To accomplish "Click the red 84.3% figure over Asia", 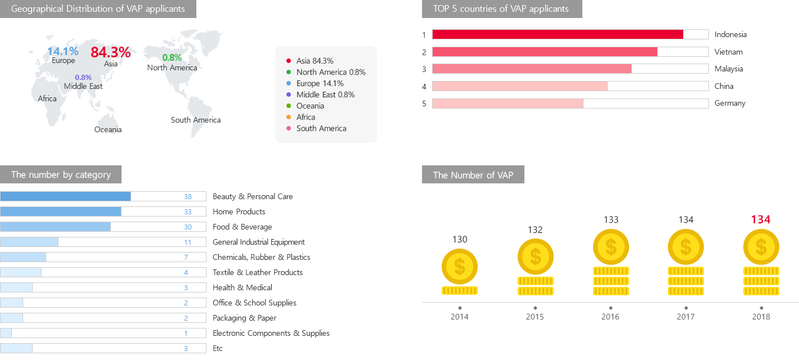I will click(x=110, y=52).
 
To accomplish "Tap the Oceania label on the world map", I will click(x=108, y=129).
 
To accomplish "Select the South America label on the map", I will click(x=196, y=120).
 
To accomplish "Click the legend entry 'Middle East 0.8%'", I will click(x=325, y=94).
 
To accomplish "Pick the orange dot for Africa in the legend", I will click(x=288, y=117).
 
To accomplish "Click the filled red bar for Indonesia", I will click(x=557, y=34).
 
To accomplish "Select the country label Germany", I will click(x=730, y=103).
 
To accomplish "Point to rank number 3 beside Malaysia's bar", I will click(x=424, y=69).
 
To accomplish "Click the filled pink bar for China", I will click(x=519, y=86).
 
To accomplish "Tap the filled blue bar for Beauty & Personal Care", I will click(x=65, y=196).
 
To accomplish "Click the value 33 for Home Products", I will click(x=187, y=211).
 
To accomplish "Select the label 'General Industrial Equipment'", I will click(x=259, y=242).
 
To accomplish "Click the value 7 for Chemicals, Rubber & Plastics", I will click(x=186, y=257).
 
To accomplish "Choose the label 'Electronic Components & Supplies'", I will click(x=271, y=333).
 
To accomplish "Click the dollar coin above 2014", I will click(x=460, y=267).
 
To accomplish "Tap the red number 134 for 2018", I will click(x=761, y=219).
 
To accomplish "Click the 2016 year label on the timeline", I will click(x=611, y=317).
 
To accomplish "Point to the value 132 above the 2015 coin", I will click(x=535, y=229).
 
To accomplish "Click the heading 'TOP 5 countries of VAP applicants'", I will click(x=501, y=9).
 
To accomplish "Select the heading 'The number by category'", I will click(x=61, y=174).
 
